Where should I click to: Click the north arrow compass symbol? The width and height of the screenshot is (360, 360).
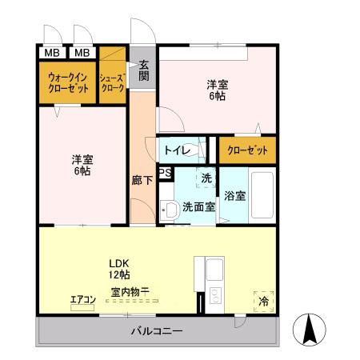(x=311, y=327)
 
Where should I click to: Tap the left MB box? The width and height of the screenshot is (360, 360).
(x=50, y=53)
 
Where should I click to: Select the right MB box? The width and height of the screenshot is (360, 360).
(x=82, y=53)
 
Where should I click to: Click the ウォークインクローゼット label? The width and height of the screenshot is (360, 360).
(x=67, y=83)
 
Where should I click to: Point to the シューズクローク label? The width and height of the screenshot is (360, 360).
(x=112, y=82)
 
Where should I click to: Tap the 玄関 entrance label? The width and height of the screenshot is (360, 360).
(x=144, y=70)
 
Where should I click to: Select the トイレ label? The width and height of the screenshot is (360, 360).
(x=177, y=150)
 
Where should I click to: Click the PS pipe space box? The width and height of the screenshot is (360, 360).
(x=165, y=173)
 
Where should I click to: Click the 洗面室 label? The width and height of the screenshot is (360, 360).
(x=198, y=206)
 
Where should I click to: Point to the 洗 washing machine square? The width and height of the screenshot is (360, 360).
(x=206, y=178)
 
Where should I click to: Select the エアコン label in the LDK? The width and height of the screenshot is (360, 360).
(x=83, y=300)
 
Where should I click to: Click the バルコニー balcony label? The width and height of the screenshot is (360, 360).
(x=157, y=331)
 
